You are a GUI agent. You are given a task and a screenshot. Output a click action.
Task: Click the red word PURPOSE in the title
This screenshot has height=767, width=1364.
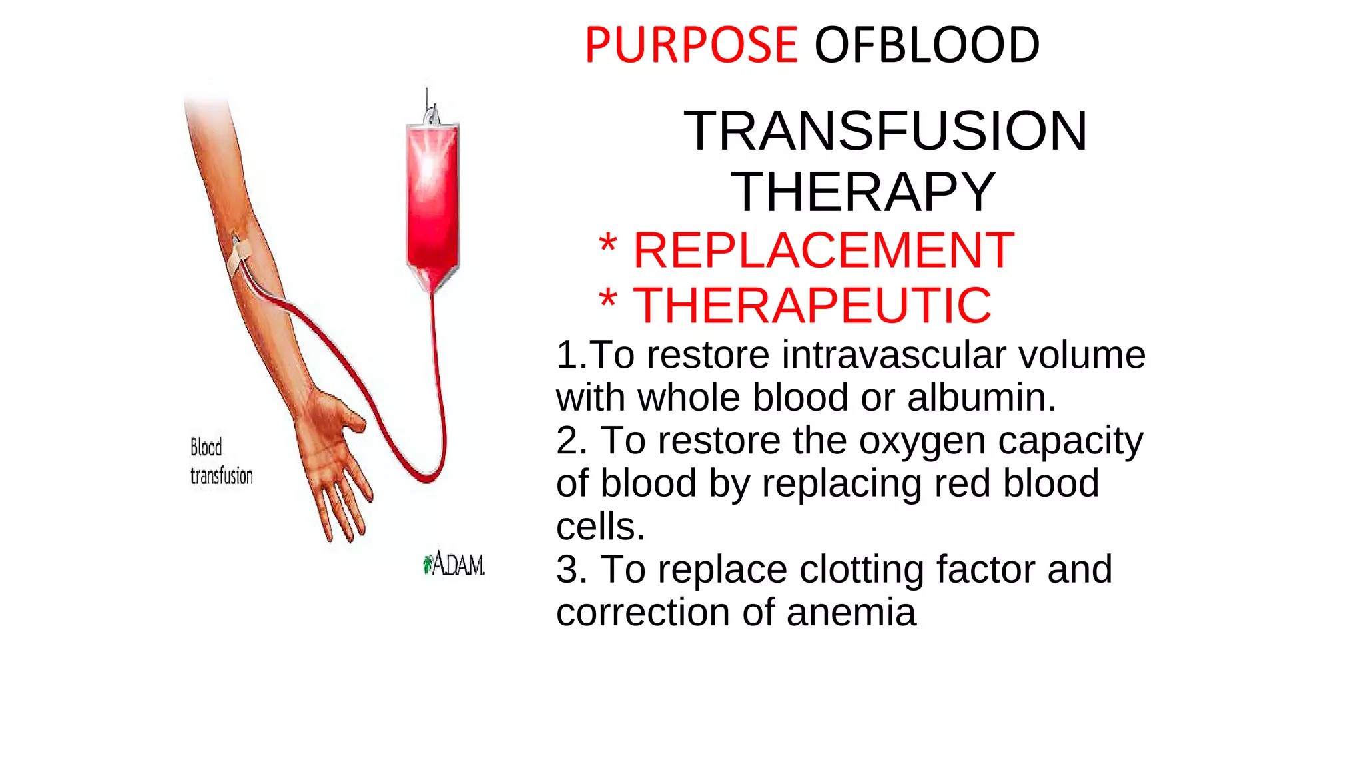point(691,45)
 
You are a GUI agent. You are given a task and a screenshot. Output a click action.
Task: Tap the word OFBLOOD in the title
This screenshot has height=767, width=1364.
point(926,45)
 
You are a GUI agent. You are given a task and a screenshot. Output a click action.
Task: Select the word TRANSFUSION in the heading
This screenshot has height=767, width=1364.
point(885,130)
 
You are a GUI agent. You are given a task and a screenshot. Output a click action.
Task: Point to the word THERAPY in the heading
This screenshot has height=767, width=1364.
point(863,192)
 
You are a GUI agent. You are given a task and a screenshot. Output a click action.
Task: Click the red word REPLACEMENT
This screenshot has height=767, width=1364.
point(823,250)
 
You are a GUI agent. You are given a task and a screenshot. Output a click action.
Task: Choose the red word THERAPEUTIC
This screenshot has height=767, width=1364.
point(812,306)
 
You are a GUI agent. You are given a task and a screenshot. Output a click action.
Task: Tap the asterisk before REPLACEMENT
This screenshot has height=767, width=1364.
point(607,245)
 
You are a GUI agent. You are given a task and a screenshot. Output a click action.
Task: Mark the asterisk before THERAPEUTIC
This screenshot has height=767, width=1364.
point(607,300)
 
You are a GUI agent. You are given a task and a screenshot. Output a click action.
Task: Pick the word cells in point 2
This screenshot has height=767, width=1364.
point(600,527)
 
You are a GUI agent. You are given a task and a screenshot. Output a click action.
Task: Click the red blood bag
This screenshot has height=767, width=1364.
point(432,200)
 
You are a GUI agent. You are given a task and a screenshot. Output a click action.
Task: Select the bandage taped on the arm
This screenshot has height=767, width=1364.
point(238,256)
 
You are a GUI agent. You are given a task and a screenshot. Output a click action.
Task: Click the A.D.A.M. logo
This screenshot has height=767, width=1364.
point(454,565)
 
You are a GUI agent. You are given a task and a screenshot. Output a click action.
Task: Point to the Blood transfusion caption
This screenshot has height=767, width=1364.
point(221,461)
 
